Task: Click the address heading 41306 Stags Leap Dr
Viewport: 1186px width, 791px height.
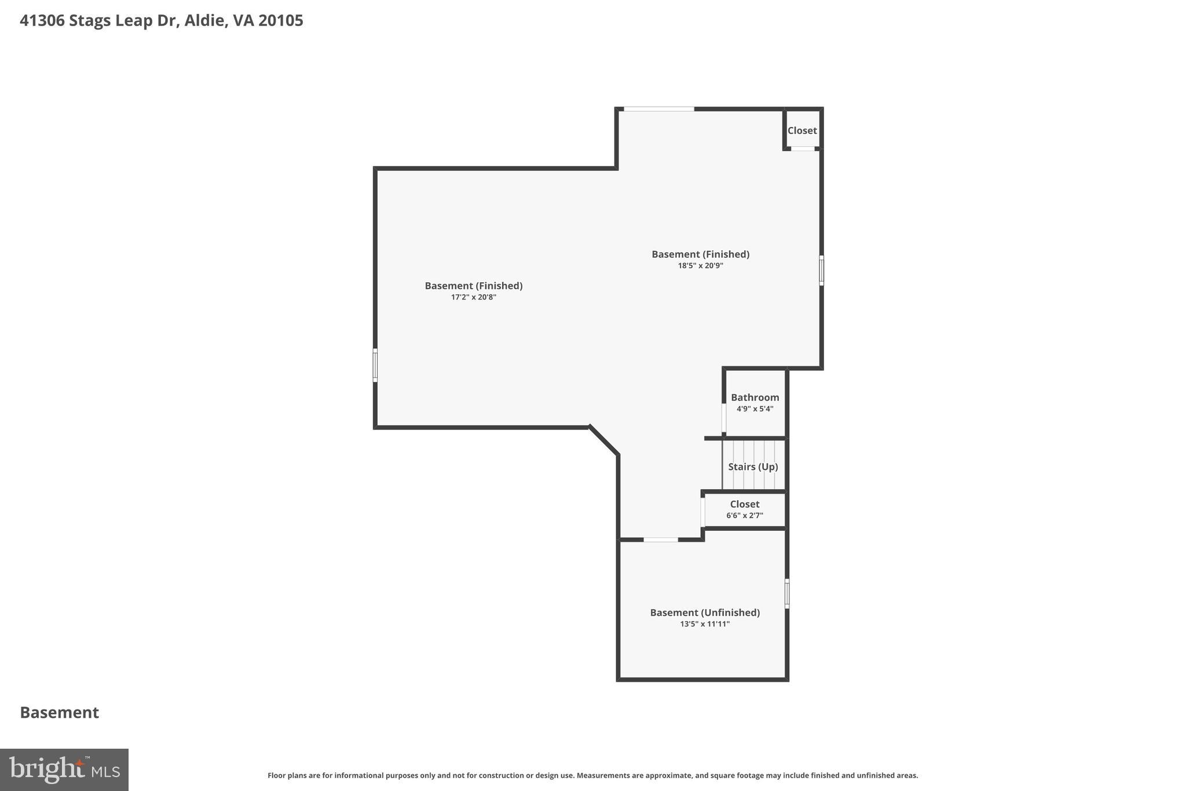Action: click(x=161, y=21)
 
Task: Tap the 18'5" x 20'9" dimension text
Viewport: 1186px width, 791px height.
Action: click(x=700, y=266)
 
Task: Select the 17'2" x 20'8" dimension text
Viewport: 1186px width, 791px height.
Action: click(x=473, y=297)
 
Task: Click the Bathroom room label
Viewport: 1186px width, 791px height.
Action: click(x=755, y=398)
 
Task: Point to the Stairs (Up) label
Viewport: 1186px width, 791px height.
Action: click(x=752, y=467)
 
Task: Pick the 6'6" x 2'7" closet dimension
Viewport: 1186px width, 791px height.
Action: click(x=744, y=516)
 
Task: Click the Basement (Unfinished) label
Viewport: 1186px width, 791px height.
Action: click(x=704, y=613)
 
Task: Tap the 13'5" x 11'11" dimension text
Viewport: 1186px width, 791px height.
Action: click(x=704, y=624)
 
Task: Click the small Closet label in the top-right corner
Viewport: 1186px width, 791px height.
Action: click(x=801, y=131)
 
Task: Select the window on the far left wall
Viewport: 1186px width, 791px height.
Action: click(x=375, y=365)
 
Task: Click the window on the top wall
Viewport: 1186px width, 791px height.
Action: click(x=658, y=109)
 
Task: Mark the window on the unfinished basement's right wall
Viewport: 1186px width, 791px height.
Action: click(x=786, y=593)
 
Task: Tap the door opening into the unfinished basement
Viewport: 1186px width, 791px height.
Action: click(x=660, y=540)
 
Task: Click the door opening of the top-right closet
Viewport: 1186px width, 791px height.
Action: click(x=803, y=149)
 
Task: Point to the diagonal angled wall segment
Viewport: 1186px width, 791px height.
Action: click(x=604, y=440)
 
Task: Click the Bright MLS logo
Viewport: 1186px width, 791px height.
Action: click(x=64, y=770)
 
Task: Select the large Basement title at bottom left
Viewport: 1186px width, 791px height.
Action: click(x=59, y=713)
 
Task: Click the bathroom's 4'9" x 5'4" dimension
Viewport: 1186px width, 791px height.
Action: click(x=755, y=409)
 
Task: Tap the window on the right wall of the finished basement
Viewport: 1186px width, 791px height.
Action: click(x=821, y=270)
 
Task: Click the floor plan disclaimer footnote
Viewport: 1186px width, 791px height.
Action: click(x=592, y=775)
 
